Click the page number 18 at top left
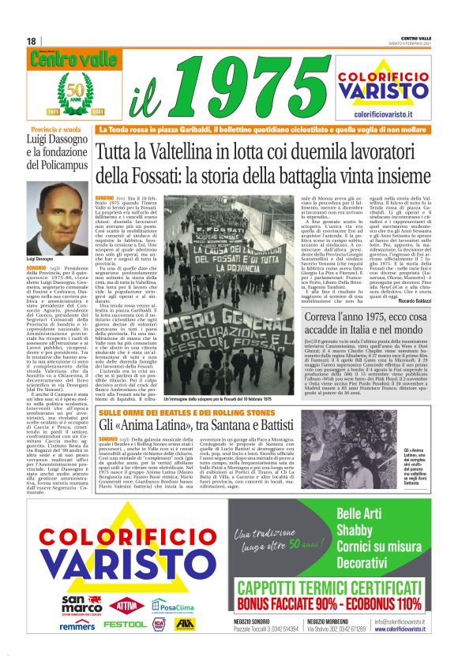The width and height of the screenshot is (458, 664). coord(31,41)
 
